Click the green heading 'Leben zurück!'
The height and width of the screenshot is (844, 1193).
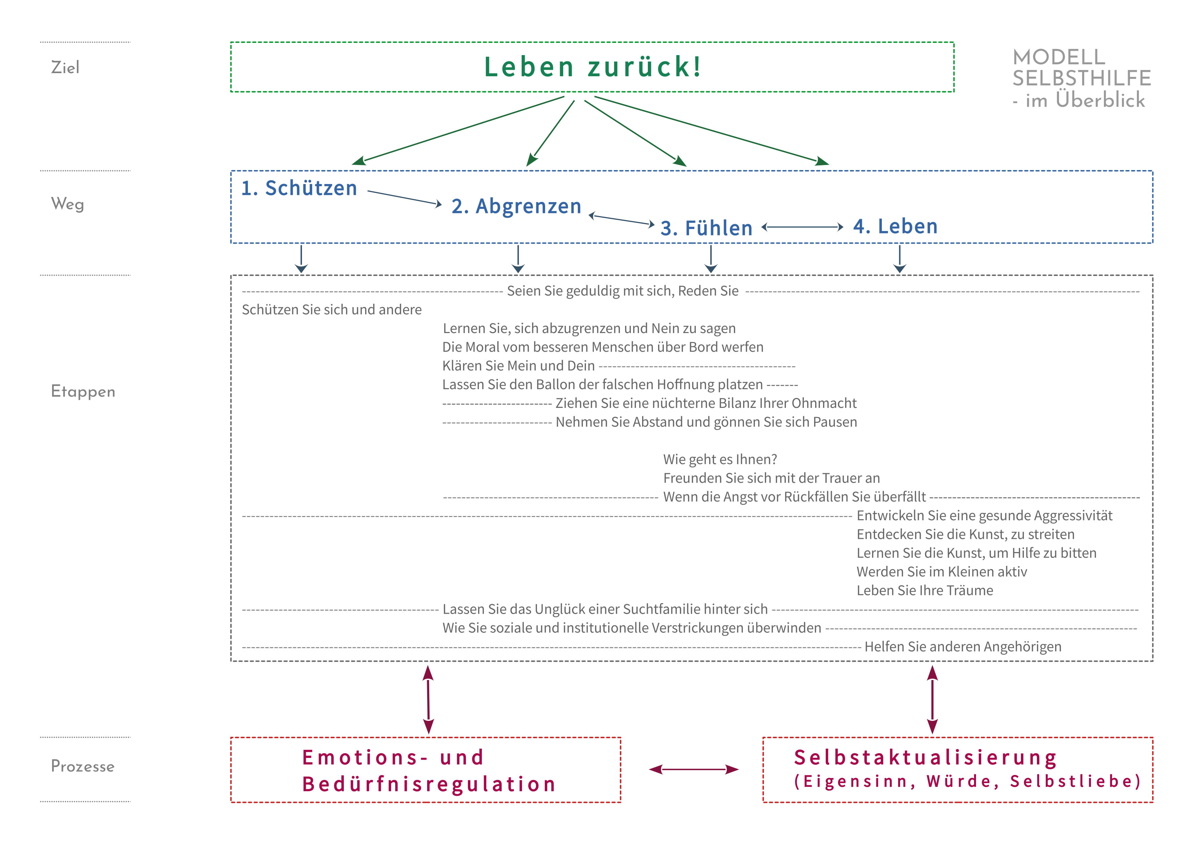(592, 67)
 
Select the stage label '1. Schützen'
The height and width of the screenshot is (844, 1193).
(299, 188)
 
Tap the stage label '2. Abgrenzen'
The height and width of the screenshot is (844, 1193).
(516, 206)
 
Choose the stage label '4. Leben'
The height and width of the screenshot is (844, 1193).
(895, 226)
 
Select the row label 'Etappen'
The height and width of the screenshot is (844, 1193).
(83, 391)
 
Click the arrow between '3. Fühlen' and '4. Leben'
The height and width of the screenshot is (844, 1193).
(802, 227)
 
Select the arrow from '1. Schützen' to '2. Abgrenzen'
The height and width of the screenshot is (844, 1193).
(404, 198)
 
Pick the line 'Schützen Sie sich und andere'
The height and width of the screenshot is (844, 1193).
(332, 310)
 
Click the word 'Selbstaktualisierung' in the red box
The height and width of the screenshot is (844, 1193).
(925, 758)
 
